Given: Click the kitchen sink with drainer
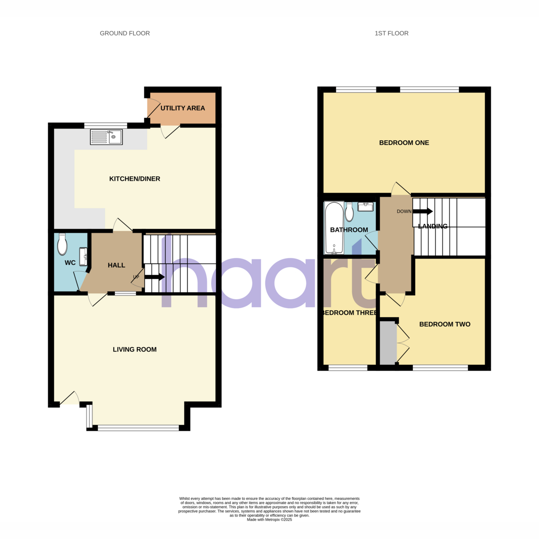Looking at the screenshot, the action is (106, 137).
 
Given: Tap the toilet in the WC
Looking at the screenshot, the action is (62, 244).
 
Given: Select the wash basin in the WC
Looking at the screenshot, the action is (84, 256).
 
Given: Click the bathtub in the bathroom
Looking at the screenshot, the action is (334, 228).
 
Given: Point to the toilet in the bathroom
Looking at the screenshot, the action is (349, 212).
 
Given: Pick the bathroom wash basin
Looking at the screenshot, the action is (366, 207).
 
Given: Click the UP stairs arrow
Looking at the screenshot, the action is (155, 277).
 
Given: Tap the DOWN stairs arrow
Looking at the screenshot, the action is (423, 211).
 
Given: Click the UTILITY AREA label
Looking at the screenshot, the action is (183, 108).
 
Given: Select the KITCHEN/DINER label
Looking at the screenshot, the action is (135, 179).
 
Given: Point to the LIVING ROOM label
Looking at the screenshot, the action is (135, 349).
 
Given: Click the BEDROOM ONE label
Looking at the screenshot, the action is (404, 143).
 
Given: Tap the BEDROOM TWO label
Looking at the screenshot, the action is (445, 324).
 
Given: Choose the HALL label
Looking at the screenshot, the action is (116, 265).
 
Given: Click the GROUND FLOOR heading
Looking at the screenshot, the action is (125, 33).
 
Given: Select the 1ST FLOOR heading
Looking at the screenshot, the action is (391, 33).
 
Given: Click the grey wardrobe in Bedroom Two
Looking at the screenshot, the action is (388, 343).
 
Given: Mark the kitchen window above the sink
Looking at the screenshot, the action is (106, 125).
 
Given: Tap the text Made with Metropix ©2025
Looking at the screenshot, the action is (269, 527).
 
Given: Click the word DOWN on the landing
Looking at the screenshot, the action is (404, 212).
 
